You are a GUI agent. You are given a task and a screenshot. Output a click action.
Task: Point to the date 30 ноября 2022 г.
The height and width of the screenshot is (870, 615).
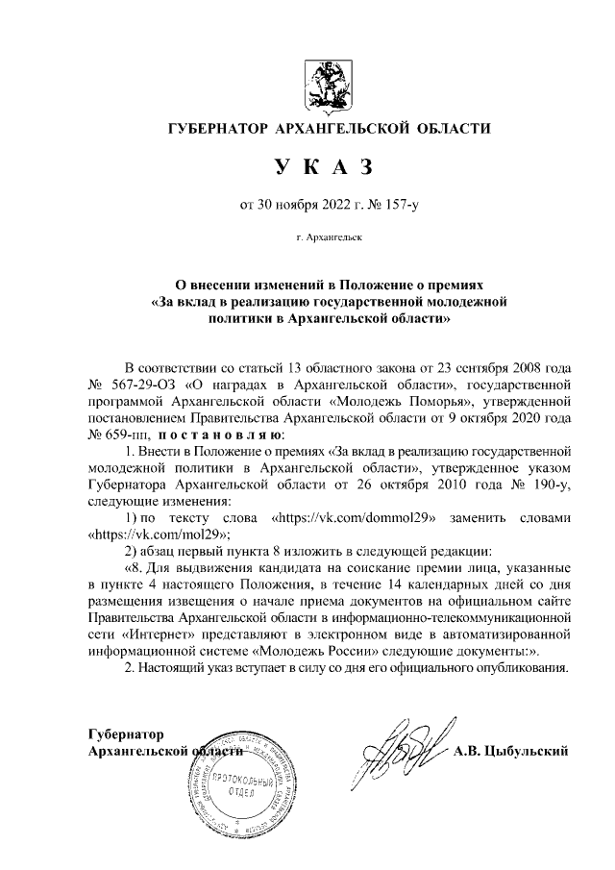click(x=289, y=203)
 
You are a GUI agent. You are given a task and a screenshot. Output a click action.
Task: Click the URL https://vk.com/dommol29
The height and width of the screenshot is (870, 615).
click(x=357, y=516)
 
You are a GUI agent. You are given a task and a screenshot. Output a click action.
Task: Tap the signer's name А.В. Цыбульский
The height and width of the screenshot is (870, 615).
click(x=512, y=750)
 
